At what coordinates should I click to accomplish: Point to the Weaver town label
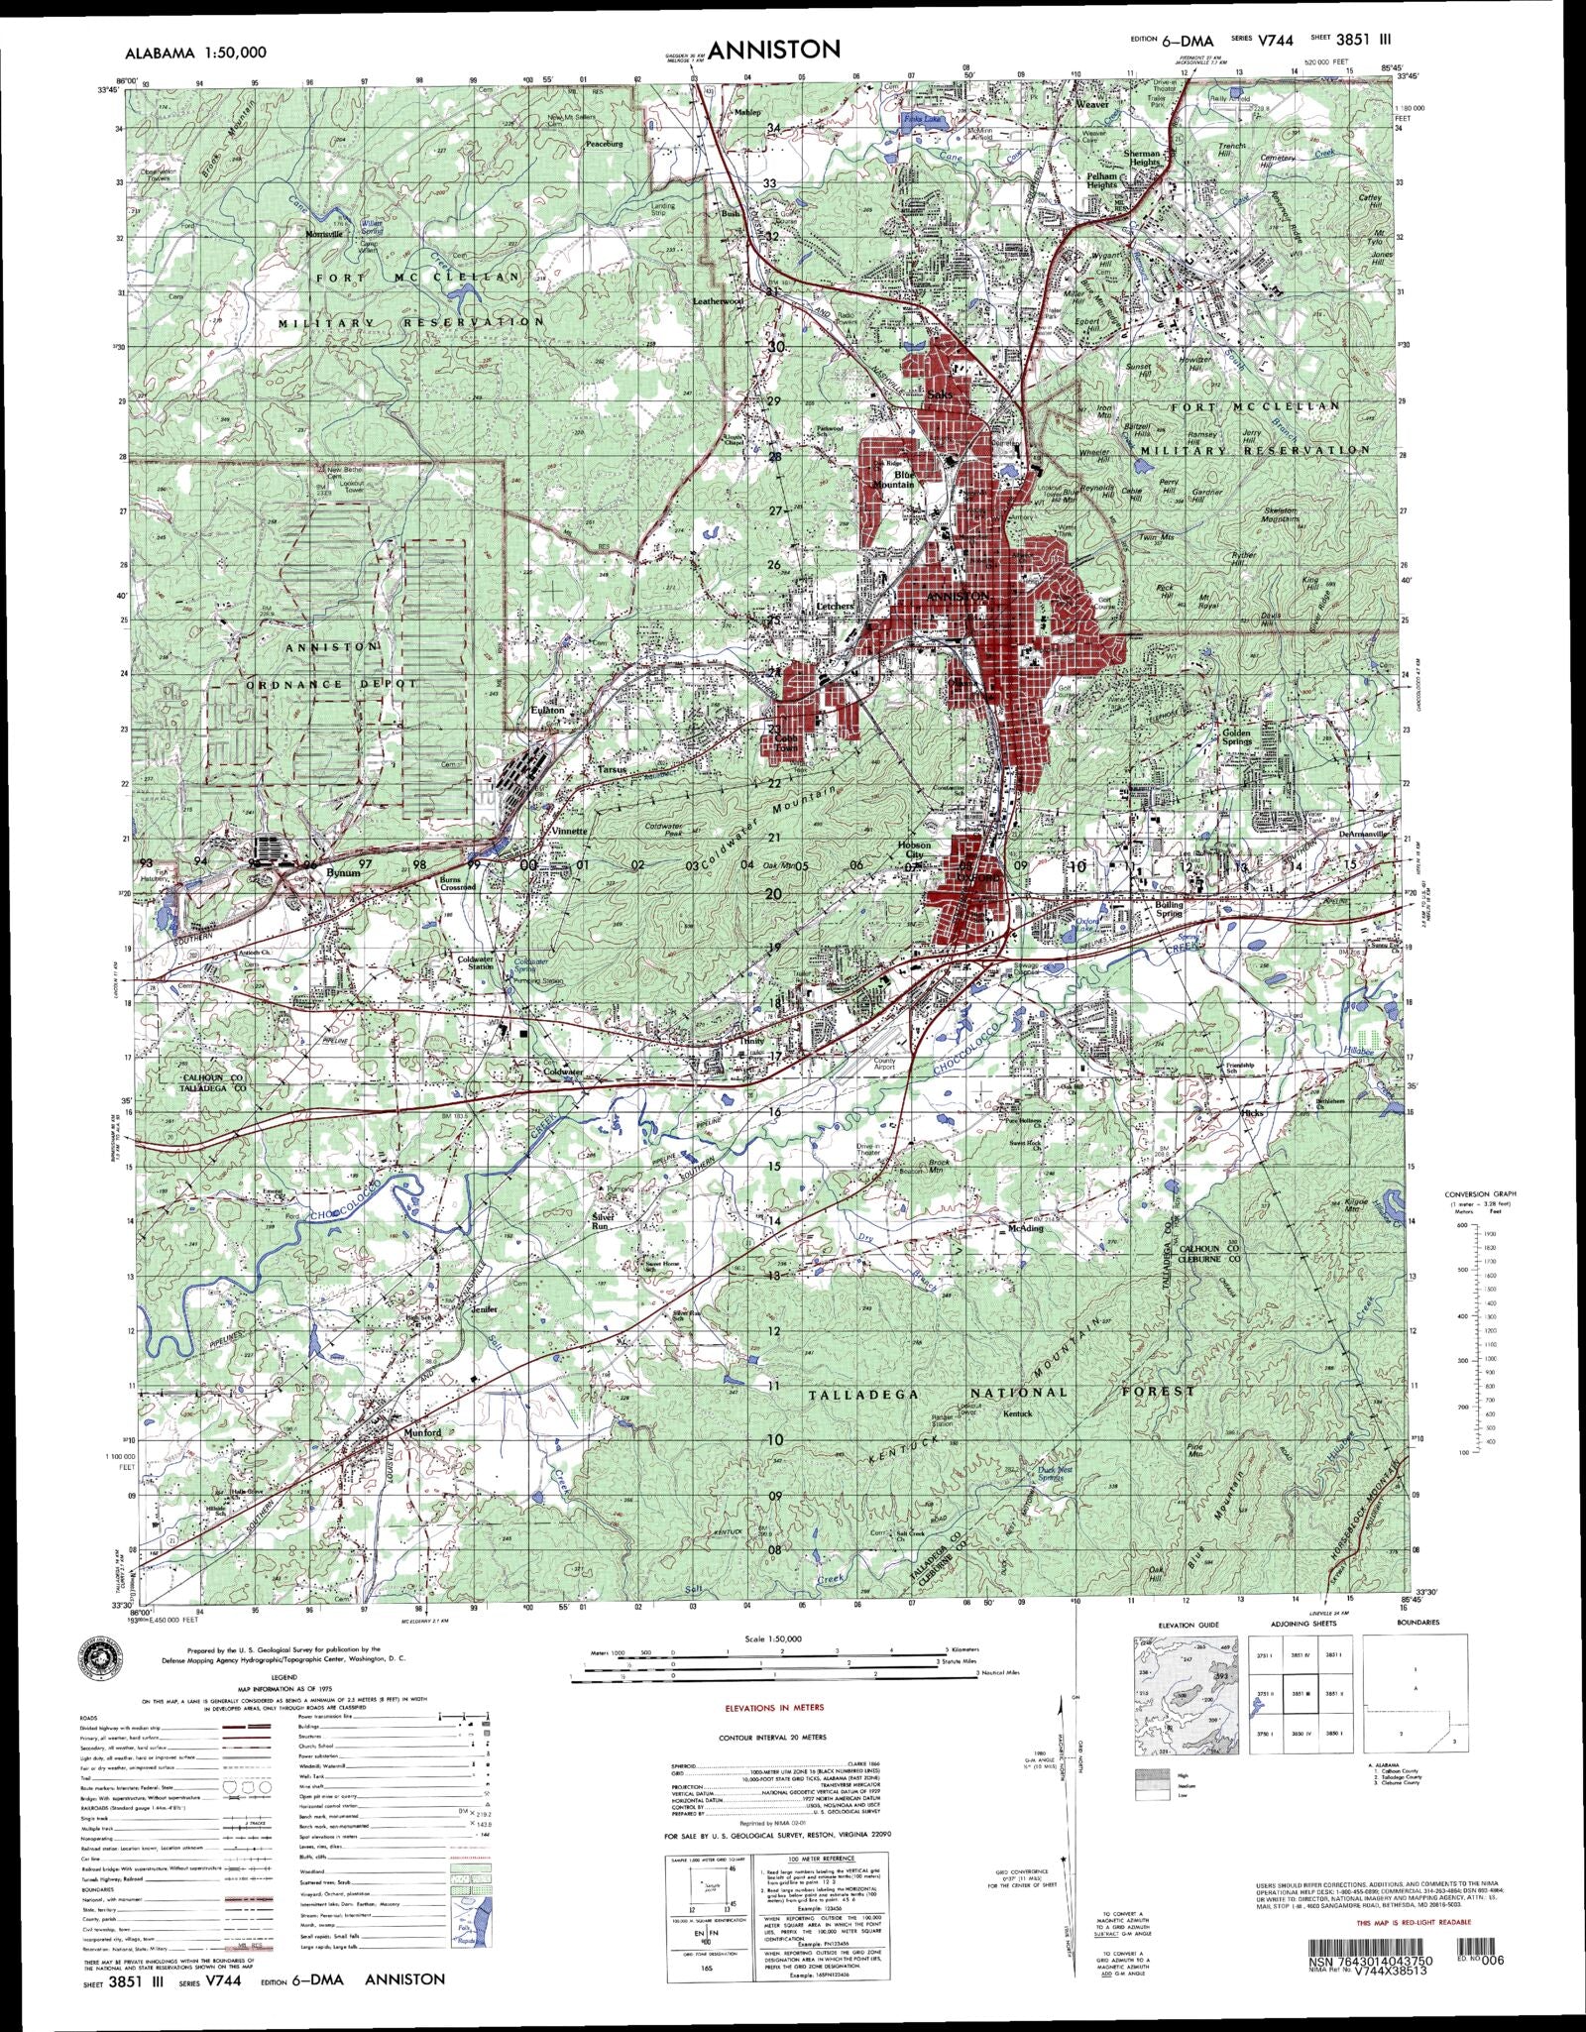pos(1092,103)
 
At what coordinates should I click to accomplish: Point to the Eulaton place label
pos(547,710)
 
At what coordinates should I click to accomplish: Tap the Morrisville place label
pos(323,234)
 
